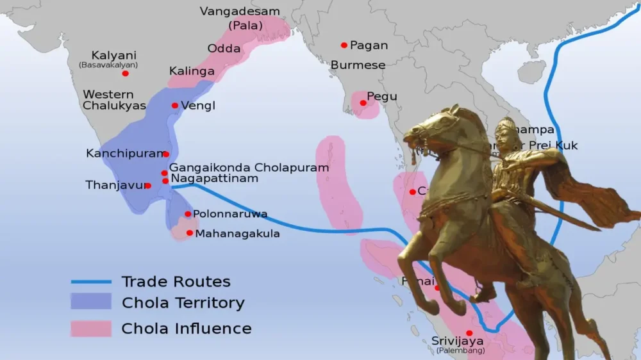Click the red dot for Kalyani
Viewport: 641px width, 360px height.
(x=125, y=73)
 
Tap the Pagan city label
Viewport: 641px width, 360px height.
(x=369, y=45)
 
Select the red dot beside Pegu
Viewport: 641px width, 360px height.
(x=363, y=102)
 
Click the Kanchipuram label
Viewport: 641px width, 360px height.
(x=124, y=154)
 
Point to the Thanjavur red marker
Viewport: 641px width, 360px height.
(x=147, y=186)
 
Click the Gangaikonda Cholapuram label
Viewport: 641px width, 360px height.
(x=249, y=167)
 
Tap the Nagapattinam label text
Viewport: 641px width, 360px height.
(x=215, y=178)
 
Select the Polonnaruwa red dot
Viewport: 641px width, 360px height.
(x=188, y=214)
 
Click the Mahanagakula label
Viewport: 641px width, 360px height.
(x=237, y=234)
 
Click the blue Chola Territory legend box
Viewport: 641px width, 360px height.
(x=91, y=302)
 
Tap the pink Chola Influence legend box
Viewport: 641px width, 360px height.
(x=91, y=328)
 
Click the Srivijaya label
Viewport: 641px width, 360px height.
(x=458, y=341)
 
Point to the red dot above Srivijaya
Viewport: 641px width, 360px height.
(x=469, y=332)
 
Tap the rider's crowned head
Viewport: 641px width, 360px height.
(x=506, y=129)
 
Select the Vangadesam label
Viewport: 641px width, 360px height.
(x=240, y=12)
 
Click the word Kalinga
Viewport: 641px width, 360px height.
(x=191, y=71)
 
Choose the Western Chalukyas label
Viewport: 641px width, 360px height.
(x=114, y=100)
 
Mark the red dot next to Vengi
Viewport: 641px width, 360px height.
(x=174, y=105)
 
